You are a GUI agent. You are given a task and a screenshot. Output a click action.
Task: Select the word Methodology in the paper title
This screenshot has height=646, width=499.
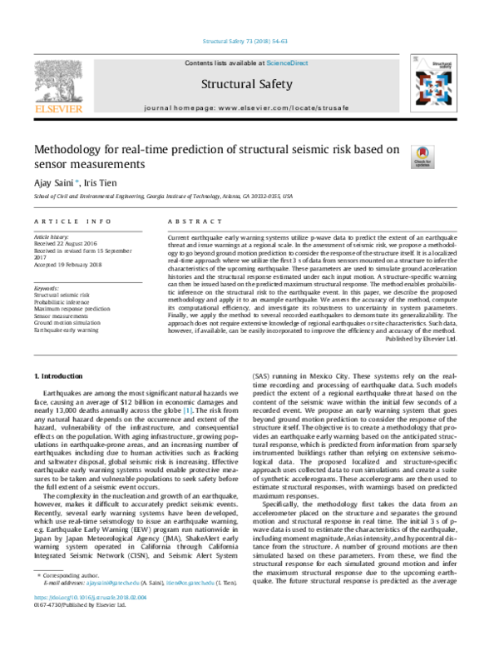click(x=62, y=149)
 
